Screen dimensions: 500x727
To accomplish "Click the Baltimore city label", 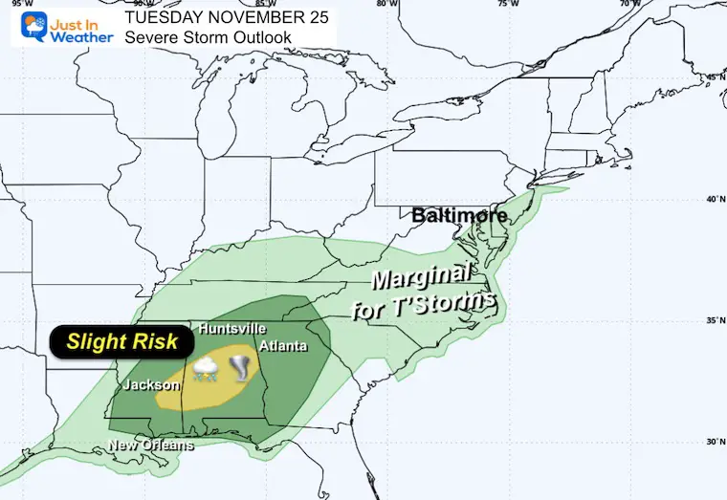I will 459,216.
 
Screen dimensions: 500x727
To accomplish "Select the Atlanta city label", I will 283,345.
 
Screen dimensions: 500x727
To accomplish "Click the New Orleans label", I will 151,446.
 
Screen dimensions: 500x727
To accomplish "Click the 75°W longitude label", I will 509,4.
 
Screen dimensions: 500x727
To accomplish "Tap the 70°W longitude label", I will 629,4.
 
